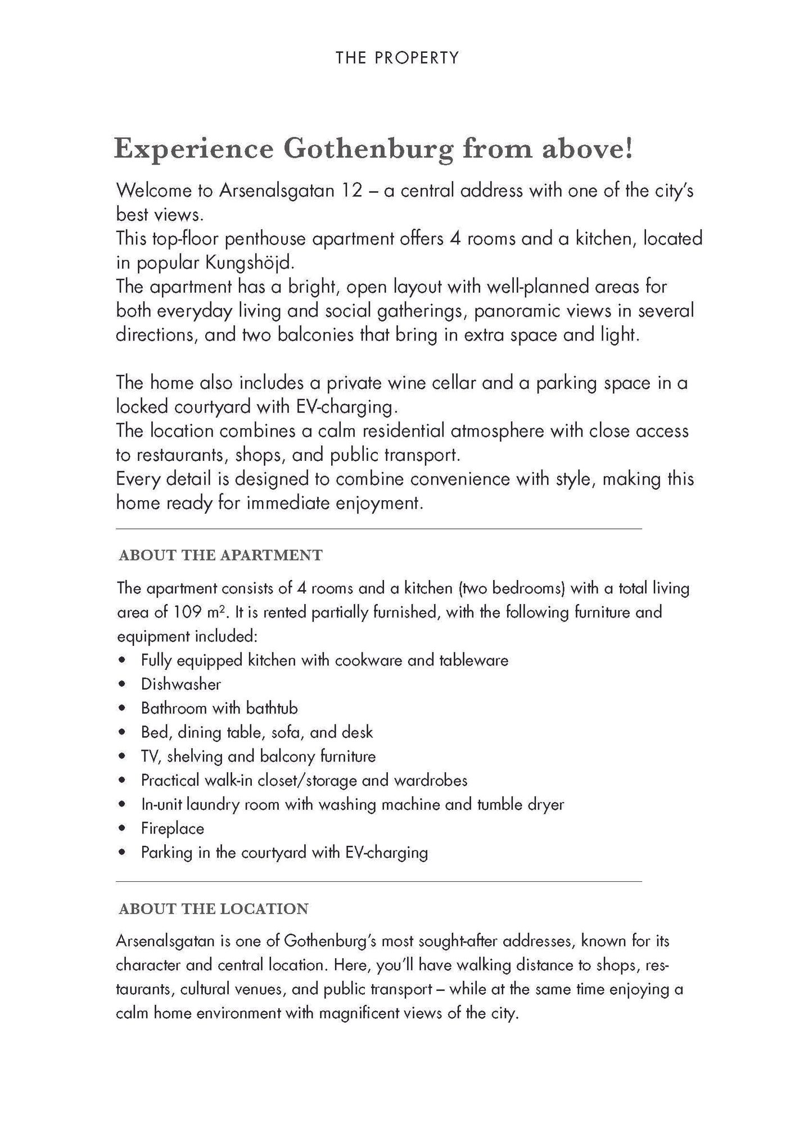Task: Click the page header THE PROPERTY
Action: coord(397,58)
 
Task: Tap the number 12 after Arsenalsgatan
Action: coord(351,191)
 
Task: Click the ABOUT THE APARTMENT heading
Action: coord(220,556)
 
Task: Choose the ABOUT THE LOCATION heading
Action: coord(214,909)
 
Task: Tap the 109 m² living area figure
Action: coord(199,612)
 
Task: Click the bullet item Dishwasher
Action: coord(180,684)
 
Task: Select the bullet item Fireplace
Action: coord(172,828)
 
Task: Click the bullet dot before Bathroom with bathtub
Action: coord(121,709)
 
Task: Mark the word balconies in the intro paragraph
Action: coord(305,335)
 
